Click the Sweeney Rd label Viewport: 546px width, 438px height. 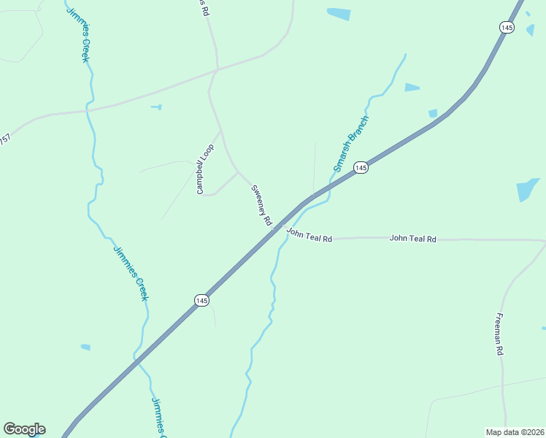[x=261, y=205]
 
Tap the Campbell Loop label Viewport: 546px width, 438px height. [x=204, y=169]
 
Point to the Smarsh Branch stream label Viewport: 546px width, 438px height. [x=352, y=143]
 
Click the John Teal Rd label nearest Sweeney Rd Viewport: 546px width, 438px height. [x=309, y=235]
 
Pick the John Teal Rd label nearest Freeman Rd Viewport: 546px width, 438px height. [x=412, y=239]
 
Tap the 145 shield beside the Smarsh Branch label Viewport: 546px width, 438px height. [x=361, y=168]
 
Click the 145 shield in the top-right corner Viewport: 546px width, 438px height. [x=507, y=27]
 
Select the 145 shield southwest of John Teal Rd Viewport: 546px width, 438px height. [x=202, y=300]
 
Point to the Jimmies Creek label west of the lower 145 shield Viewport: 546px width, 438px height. [x=131, y=273]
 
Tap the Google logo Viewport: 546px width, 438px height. [x=24, y=429]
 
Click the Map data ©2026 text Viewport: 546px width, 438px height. [x=515, y=432]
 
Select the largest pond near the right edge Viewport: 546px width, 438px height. [x=527, y=190]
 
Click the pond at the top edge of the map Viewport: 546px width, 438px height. [x=339, y=13]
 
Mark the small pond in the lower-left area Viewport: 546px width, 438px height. [x=85, y=347]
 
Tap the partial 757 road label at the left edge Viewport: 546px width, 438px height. [x=5, y=139]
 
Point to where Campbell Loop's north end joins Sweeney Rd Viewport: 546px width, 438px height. [x=220, y=131]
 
